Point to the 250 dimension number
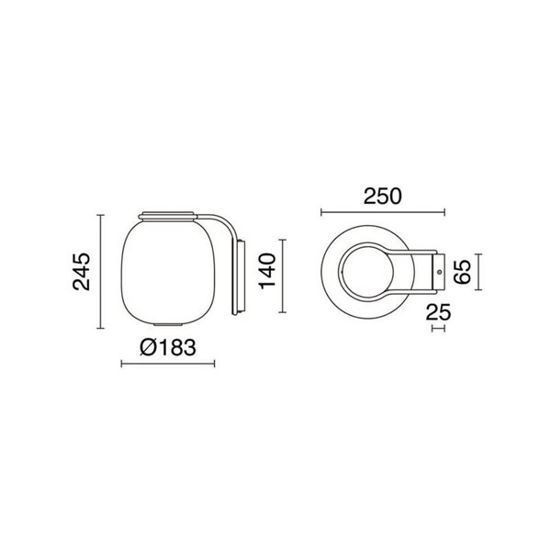click(382, 196)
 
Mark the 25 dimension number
click(439, 312)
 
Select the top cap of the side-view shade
click(167, 217)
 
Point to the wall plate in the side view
click(241, 275)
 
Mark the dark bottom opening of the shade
click(167, 326)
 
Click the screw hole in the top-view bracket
click(439, 272)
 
